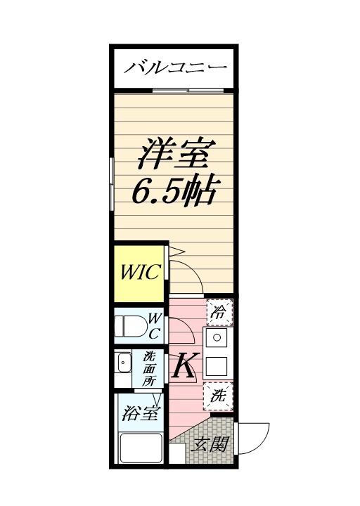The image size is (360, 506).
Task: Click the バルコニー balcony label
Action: [175, 68]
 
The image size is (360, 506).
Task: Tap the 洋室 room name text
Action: [175, 155]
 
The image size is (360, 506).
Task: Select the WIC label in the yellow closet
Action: [140, 271]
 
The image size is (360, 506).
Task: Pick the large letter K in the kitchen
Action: [184, 365]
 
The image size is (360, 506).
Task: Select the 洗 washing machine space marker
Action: [219, 396]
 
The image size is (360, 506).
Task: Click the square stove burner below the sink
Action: [217, 365]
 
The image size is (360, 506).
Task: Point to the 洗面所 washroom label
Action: [150, 368]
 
